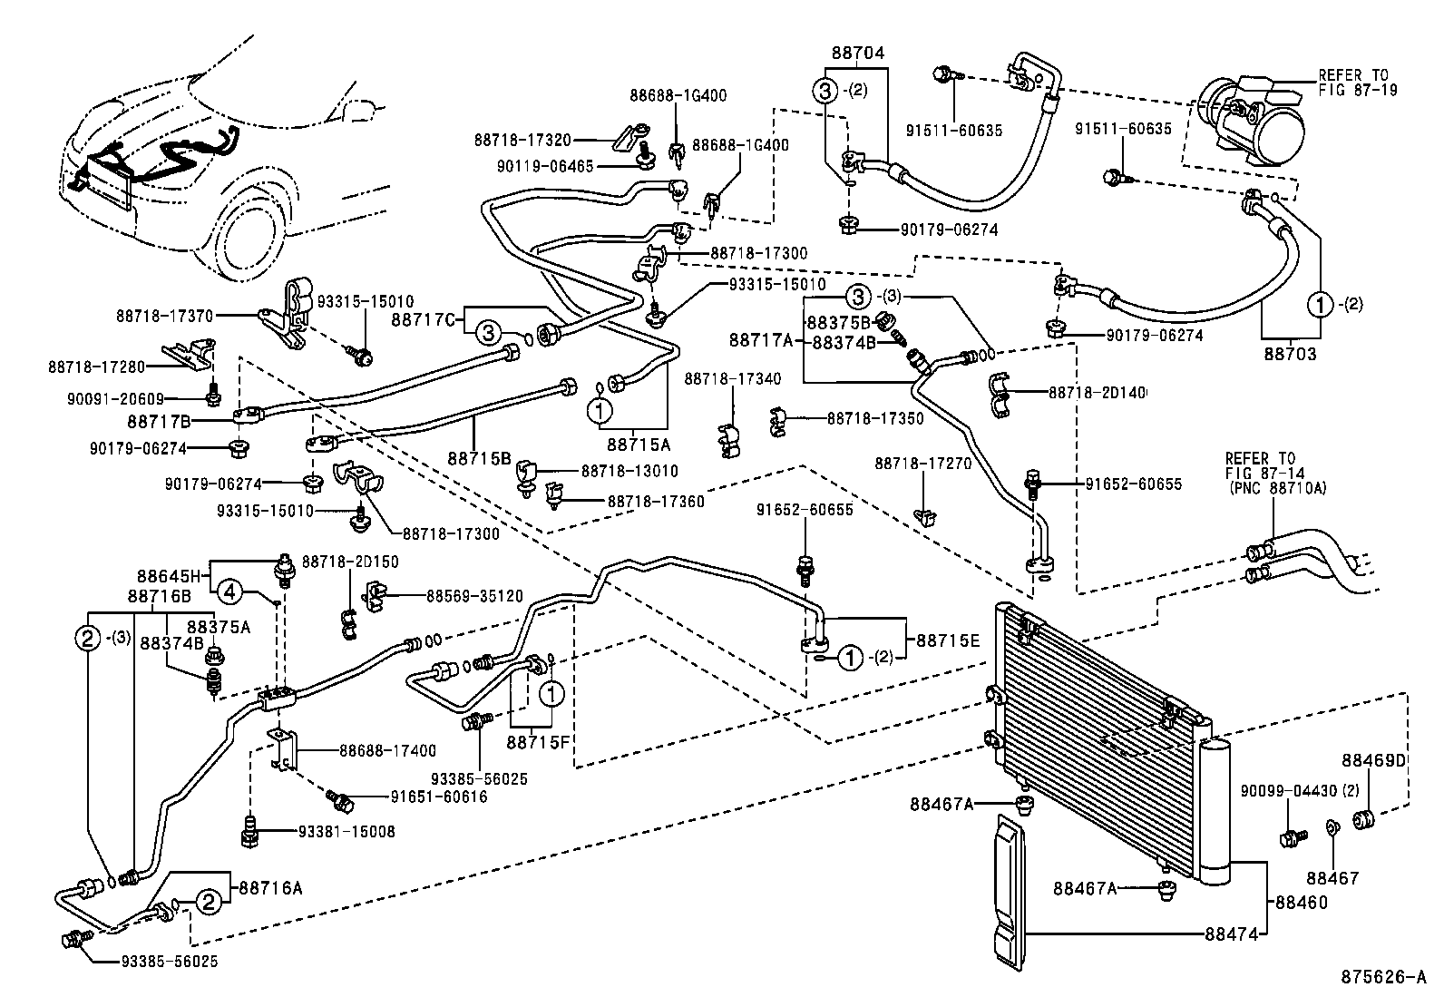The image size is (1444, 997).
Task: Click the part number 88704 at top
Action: pos(856,54)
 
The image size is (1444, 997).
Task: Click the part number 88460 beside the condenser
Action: pos(1302,903)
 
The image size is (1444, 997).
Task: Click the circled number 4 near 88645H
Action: pos(229,592)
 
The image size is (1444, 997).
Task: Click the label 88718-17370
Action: pos(164,316)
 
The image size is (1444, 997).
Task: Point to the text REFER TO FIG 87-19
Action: pos(1358,83)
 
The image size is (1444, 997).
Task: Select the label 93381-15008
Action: pos(346,831)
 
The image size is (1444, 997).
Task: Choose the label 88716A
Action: pos(270,888)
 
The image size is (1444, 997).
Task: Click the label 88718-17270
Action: pos(922,464)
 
